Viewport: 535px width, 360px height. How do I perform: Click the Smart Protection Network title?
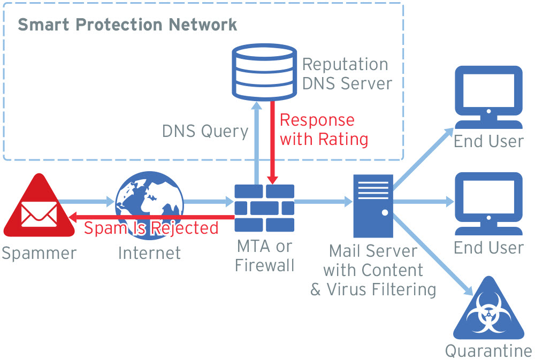coord(127,25)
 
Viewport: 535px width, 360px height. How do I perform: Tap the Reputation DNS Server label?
coord(347,74)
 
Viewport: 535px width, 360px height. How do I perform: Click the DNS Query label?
coord(205,132)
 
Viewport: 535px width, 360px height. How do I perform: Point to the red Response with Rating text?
coord(324,129)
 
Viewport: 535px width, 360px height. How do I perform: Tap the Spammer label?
coord(39,253)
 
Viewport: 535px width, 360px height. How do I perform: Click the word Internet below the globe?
coord(149,252)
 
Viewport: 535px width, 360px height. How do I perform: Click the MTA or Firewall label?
coord(264,255)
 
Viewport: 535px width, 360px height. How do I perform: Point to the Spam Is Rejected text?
coord(151,228)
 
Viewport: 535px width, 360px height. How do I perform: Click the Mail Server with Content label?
coord(373,270)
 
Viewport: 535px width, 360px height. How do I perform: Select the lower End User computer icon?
coord(488,204)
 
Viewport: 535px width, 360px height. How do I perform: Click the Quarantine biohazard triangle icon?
coord(487,312)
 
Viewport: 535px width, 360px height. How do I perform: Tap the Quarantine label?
coord(488,351)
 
